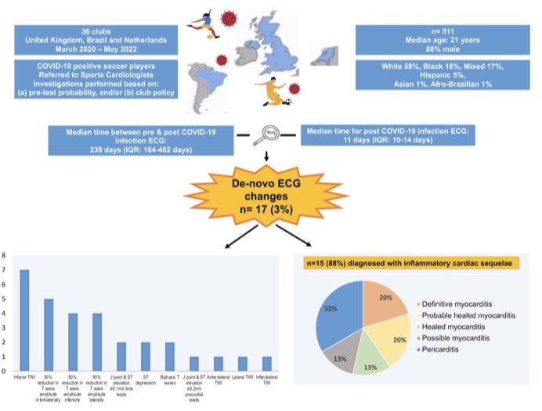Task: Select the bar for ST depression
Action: (x=146, y=356)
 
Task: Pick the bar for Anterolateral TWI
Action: (x=219, y=363)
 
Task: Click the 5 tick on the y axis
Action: (x=5, y=299)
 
